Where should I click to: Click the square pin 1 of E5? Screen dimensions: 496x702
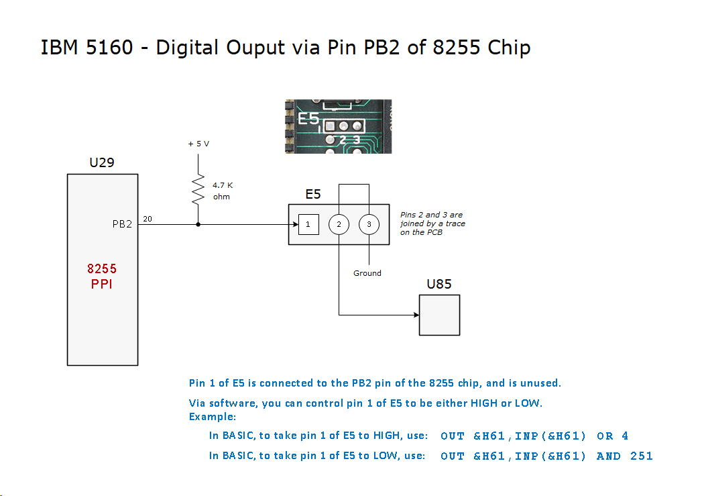click(x=308, y=224)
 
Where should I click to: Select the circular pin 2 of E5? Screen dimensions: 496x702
click(x=339, y=224)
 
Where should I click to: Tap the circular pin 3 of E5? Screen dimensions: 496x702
click(x=369, y=224)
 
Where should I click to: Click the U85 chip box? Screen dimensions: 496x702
click(x=439, y=314)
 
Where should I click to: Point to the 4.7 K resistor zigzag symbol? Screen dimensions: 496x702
click(x=198, y=190)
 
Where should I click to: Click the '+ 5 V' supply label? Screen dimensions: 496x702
click(x=198, y=144)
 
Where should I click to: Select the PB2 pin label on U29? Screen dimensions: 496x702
click(x=122, y=224)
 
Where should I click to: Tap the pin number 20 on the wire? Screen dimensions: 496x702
click(x=148, y=219)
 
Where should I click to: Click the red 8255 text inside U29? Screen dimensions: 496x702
click(x=102, y=268)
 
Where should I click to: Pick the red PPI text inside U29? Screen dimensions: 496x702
click(x=102, y=284)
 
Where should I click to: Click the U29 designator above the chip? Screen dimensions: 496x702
click(x=102, y=162)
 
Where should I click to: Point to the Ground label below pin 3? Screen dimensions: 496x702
click(x=367, y=273)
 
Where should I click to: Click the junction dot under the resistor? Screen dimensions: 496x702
click(x=198, y=224)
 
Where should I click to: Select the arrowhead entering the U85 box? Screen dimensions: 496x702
click(x=414, y=314)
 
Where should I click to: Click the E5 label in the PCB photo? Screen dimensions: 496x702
click(x=308, y=119)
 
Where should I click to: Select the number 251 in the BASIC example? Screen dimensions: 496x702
click(x=641, y=456)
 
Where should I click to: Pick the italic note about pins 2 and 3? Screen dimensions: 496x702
click(x=432, y=224)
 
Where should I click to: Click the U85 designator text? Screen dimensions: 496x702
click(x=439, y=284)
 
